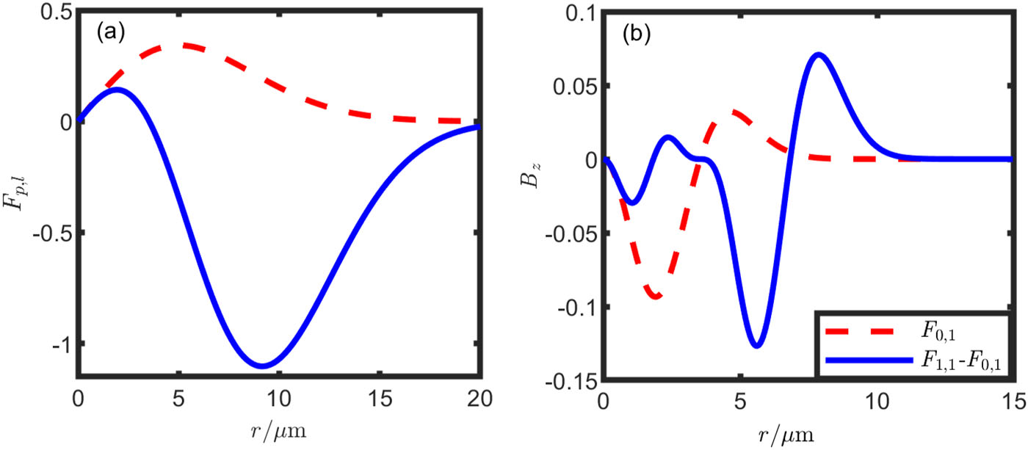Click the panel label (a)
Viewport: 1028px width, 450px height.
click(x=111, y=33)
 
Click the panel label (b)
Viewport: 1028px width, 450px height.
click(x=636, y=34)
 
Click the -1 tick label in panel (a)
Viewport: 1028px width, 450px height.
click(x=62, y=344)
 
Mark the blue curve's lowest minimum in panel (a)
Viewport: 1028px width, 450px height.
click(x=263, y=366)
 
